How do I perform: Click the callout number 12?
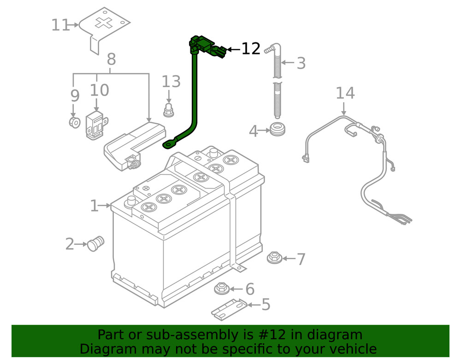[x=251, y=49]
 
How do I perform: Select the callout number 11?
[x=60, y=25]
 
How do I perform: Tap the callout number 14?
[x=345, y=93]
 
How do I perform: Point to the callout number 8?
[x=111, y=59]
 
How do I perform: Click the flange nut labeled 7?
[x=275, y=258]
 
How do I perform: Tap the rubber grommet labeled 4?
[x=277, y=130]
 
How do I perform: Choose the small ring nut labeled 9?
[x=73, y=123]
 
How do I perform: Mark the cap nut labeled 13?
[x=169, y=111]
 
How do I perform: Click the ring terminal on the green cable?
[x=168, y=145]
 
